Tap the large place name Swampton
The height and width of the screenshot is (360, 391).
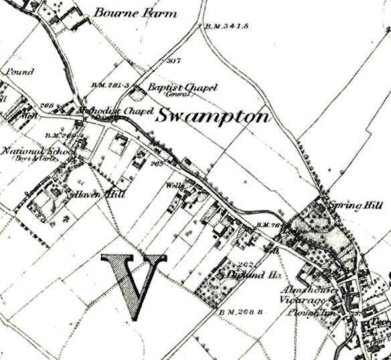[213, 116]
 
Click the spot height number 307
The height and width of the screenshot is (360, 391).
[174, 61]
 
